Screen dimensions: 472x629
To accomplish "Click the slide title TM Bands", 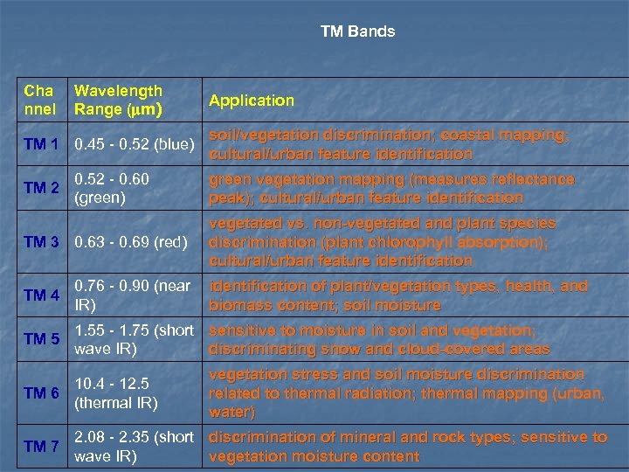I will (x=357, y=31).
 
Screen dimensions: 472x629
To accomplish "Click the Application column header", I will (x=252, y=101).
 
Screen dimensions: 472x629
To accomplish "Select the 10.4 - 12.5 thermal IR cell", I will (x=115, y=393).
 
